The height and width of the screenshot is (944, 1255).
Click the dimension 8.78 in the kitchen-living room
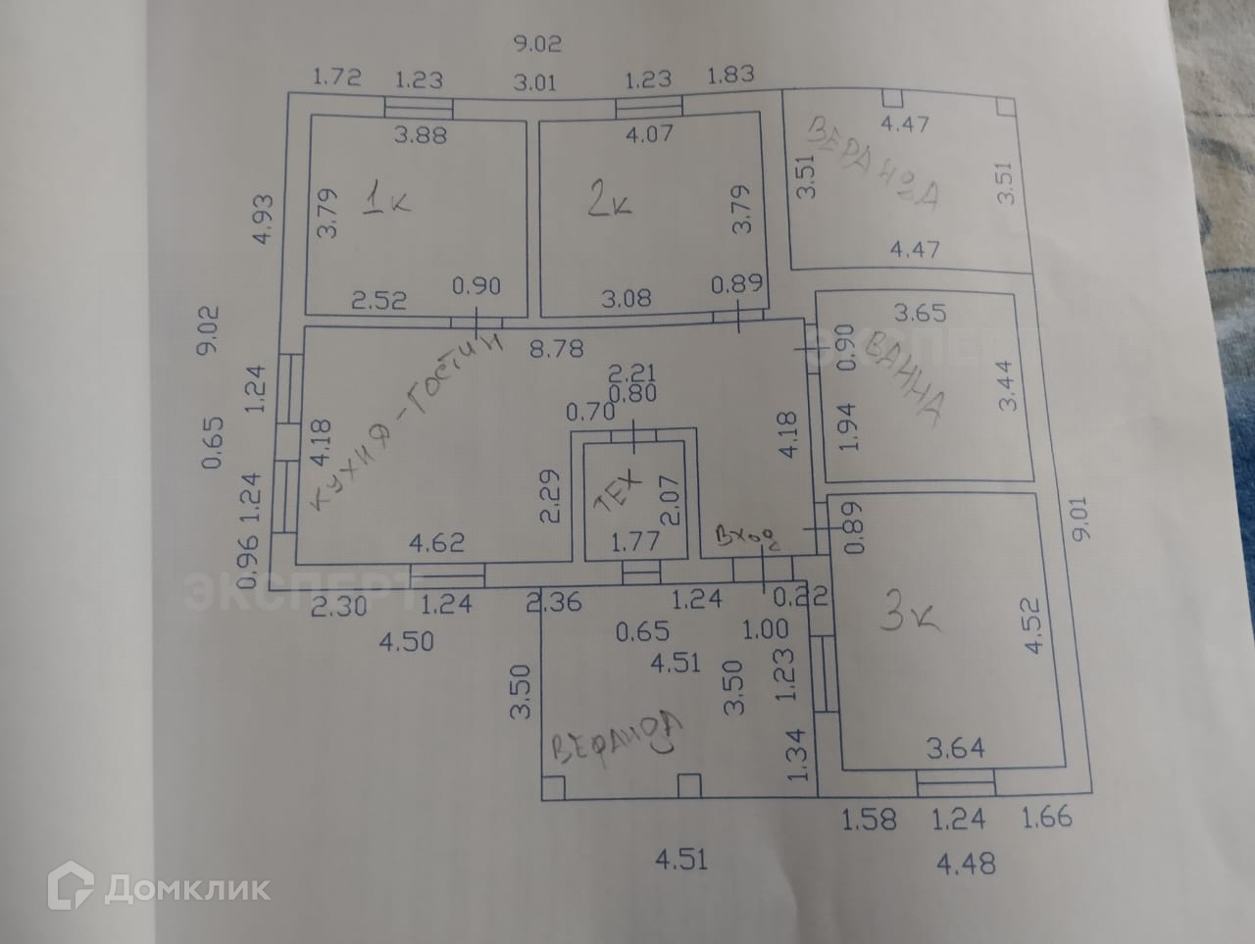click(x=555, y=348)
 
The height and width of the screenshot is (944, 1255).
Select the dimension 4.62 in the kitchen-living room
click(x=435, y=541)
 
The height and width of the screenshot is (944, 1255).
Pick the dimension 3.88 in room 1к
click(x=420, y=134)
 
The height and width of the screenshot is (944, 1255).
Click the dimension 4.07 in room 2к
click(x=648, y=131)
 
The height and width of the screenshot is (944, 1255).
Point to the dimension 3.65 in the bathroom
click(x=920, y=314)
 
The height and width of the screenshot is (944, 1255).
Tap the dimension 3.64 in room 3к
click(x=956, y=750)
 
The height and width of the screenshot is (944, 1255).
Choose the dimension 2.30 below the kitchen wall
click(x=339, y=607)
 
